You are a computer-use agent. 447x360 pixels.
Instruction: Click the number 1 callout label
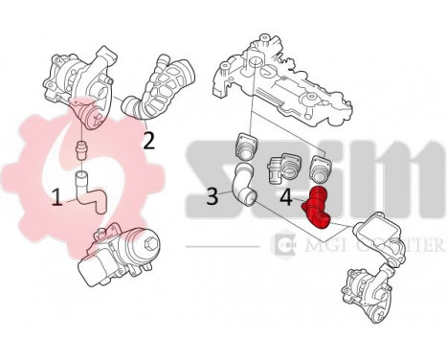pos(57,197)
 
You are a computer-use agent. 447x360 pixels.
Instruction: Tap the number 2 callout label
pos(148,141)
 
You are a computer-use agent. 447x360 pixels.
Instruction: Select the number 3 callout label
pos(213,198)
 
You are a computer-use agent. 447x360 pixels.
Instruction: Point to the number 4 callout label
pos(287,199)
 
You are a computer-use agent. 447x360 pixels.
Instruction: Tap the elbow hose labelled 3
pos(242,186)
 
